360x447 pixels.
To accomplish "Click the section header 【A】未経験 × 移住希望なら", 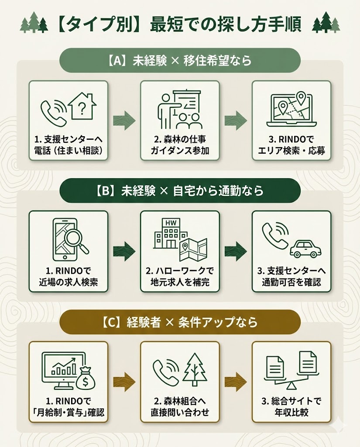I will pos(180,60).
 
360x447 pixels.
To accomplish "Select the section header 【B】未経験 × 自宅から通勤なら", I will pos(180,191).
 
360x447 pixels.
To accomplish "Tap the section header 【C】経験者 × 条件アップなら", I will pos(180,322).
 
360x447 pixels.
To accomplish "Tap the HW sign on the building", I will pos(169,223).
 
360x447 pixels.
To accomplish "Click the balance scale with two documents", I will pos(291,371).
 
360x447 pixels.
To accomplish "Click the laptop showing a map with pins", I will pos(291,109).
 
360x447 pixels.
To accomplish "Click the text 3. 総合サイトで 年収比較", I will pos(291,407).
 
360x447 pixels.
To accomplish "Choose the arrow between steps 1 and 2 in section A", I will pos(124,120).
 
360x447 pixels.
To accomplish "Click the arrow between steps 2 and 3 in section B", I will pos(236,251).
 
